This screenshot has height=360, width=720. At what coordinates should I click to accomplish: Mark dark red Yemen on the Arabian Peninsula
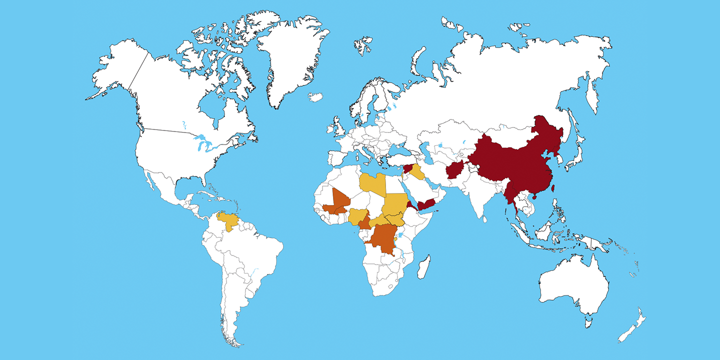[x=428, y=204]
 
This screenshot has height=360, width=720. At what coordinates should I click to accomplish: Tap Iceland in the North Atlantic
[x=315, y=97]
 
